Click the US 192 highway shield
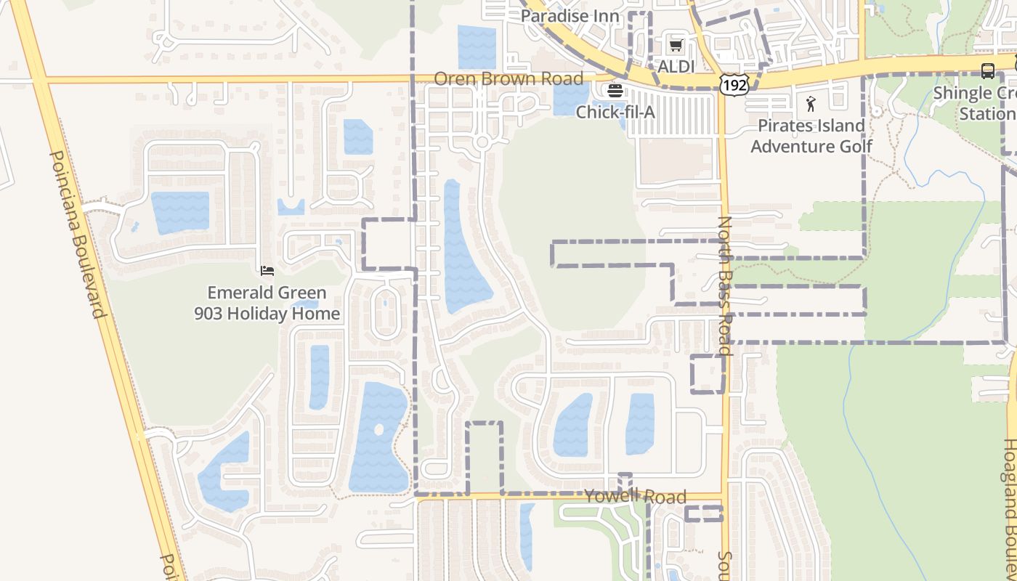point(734,85)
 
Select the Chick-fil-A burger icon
point(615,91)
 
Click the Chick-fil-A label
point(615,112)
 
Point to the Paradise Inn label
point(570,16)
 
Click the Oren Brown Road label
point(508,78)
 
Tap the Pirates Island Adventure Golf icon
point(811,104)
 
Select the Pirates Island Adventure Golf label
point(811,136)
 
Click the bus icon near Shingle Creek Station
point(987,71)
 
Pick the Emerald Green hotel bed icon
point(267,271)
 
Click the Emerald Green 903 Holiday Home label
point(267,304)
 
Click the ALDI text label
point(676,67)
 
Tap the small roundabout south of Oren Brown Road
point(481,142)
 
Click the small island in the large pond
point(378,430)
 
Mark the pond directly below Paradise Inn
point(477,46)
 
